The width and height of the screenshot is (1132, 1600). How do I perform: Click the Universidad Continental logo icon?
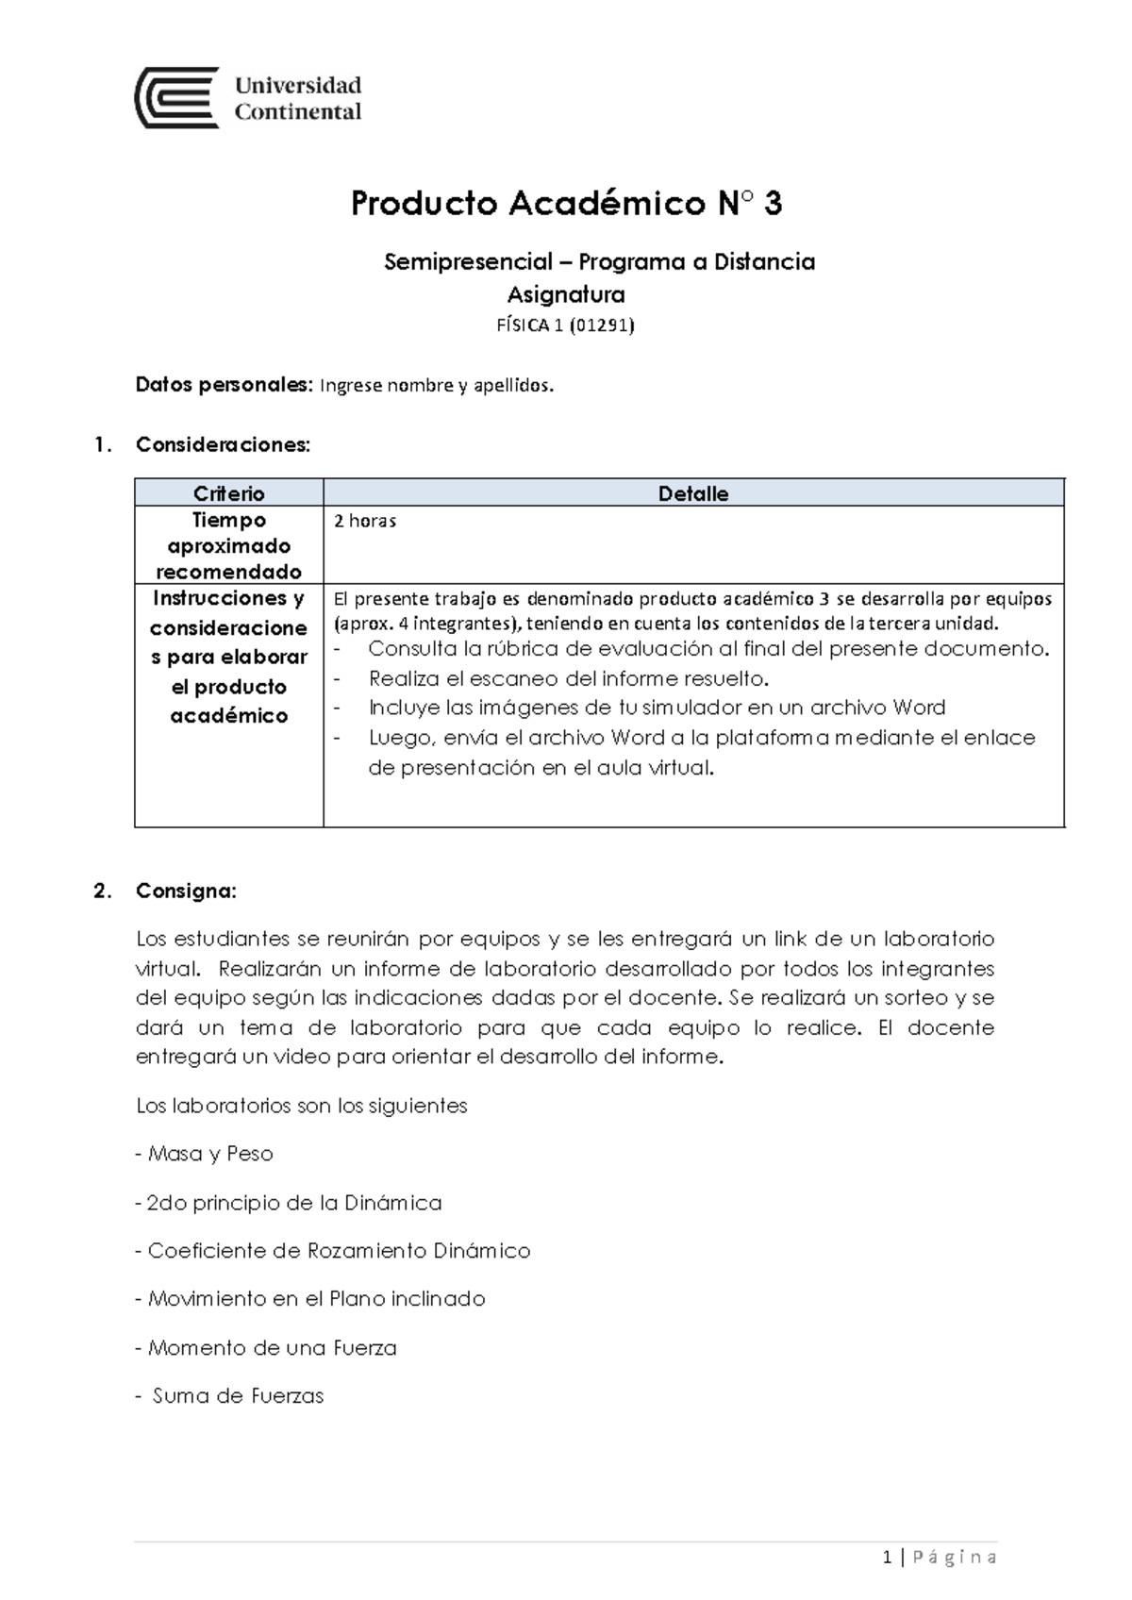[x=177, y=98]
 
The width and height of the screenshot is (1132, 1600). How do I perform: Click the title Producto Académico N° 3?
[x=566, y=204]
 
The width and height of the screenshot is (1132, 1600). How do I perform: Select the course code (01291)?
[x=604, y=326]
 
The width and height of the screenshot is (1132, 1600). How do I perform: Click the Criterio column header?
[x=228, y=493]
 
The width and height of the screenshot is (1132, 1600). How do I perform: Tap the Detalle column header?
[x=692, y=493]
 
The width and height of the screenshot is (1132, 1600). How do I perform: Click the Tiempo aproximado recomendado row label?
[x=228, y=545]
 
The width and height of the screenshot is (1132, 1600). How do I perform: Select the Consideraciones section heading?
[x=223, y=444]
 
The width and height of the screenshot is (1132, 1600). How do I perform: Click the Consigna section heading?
[x=187, y=891]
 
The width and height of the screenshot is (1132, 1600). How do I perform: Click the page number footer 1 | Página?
[x=940, y=1558]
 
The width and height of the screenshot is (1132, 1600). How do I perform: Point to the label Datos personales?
[x=223, y=385]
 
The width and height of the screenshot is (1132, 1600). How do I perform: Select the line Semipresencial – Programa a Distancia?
[x=599, y=262]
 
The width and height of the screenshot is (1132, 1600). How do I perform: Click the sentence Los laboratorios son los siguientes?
[x=302, y=1106]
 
